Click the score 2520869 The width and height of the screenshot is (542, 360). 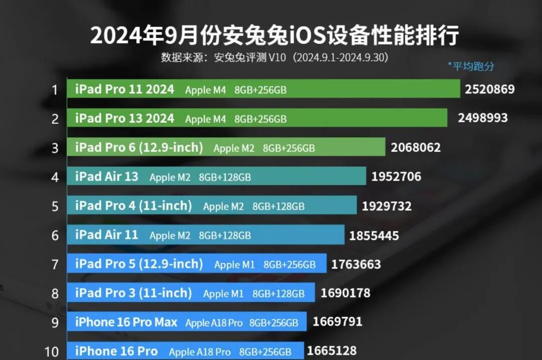click(x=489, y=89)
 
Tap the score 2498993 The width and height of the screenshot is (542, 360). click(x=482, y=118)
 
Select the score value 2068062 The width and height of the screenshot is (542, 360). click(x=415, y=148)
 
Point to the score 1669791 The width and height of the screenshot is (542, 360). click(x=337, y=321)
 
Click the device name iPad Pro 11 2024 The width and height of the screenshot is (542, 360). click(x=124, y=89)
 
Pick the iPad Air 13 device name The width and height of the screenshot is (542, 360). click(x=106, y=177)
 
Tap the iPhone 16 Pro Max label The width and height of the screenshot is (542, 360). click(x=126, y=322)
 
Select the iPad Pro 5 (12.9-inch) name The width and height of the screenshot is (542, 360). click(x=139, y=264)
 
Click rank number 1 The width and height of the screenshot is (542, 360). click(x=55, y=90)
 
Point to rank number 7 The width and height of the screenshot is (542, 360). click(x=55, y=265)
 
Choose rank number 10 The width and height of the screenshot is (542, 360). click(x=52, y=351)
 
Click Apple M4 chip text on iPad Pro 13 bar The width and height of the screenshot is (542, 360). click(x=205, y=119)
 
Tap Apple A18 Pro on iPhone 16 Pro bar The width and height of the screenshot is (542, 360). click(x=200, y=351)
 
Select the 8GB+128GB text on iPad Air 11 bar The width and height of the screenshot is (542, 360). click(x=225, y=235)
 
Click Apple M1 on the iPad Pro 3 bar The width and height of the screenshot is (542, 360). click(x=223, y=293)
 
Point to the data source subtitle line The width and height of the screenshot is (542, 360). click(x=275, y=57)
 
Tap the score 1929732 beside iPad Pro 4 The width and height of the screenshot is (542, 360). click(x=386, y=206)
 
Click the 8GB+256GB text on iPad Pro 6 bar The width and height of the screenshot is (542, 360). click(x=289, y=148)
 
